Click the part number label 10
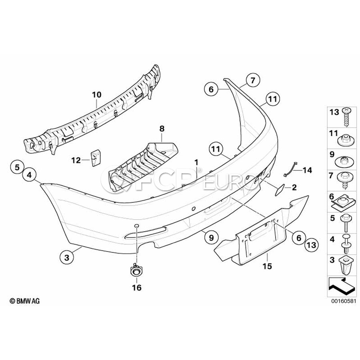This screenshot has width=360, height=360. [x=97, y=94]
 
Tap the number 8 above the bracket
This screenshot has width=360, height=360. [x=162, y=128]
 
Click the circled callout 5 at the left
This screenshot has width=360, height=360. [x=17, y=167]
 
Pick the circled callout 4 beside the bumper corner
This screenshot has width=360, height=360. [x=29, y=175]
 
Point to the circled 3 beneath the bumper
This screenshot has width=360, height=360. [x=67, y=258]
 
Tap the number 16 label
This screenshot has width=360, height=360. [x=137, y=288]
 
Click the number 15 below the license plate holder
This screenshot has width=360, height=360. [x=267, y=266]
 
